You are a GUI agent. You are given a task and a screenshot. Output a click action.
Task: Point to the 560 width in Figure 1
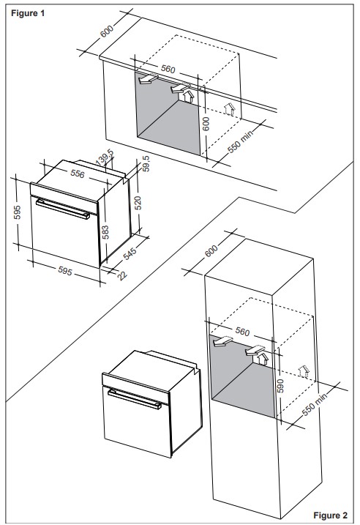(168, 70)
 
